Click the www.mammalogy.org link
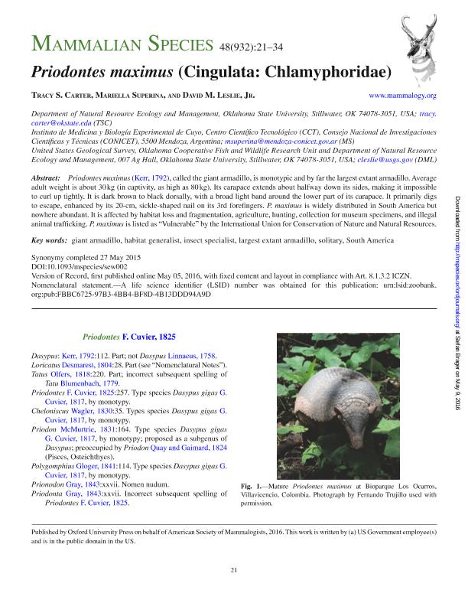(x=403, y=96)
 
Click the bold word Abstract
(x=45, y=178)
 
